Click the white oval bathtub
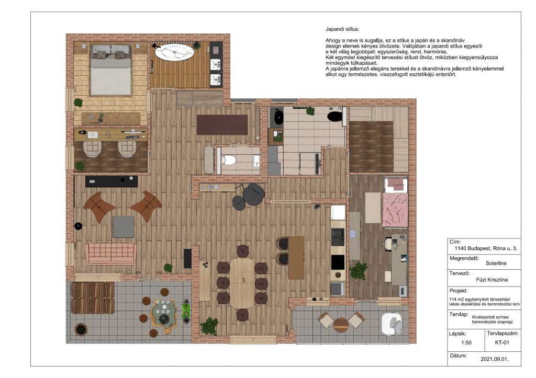174,52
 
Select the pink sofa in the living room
111,254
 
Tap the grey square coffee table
124,227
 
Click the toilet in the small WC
229,159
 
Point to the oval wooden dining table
242,283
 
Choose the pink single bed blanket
395,209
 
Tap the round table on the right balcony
341,325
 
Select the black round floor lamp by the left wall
79,226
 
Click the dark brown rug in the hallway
222,124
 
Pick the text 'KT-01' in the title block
502,342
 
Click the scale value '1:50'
466,342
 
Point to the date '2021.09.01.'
495,359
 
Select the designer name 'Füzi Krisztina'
492,280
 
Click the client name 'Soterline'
496,263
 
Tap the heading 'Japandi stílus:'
342,29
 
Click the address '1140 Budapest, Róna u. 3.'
486,248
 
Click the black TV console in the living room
111,181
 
